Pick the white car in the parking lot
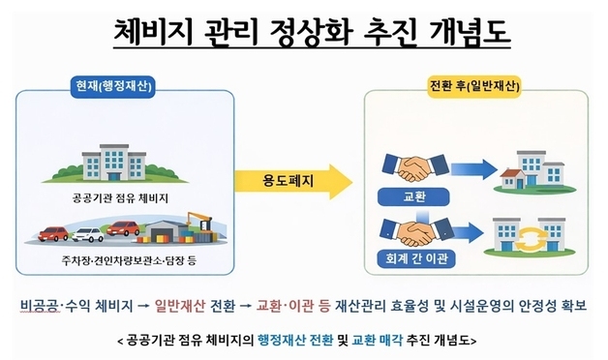click(88, 234)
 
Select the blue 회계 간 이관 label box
click(405, 259)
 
